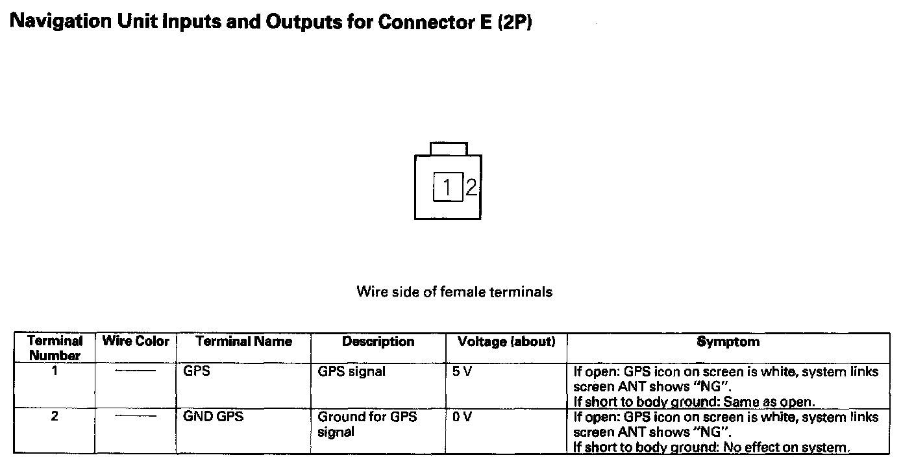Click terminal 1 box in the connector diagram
coord(448,188)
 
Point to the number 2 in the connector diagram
coord(471,188)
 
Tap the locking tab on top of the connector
coord(448,149)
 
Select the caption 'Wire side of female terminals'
coord(454,292)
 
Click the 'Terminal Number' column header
coord(55,348)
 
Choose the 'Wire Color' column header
coord(136,341)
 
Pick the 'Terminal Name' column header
coord(244,341)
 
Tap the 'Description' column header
coord(378,341)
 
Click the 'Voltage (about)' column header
coord(506,341)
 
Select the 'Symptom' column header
coord(728,341)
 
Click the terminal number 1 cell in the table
coord(55,372)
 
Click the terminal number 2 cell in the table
coord(55,417)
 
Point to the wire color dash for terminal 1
coord(136,372)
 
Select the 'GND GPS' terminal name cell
coord(214,417)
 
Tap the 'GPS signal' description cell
coord(351,372)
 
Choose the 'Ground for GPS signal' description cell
coord(367,424)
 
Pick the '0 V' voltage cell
coord(462,417)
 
